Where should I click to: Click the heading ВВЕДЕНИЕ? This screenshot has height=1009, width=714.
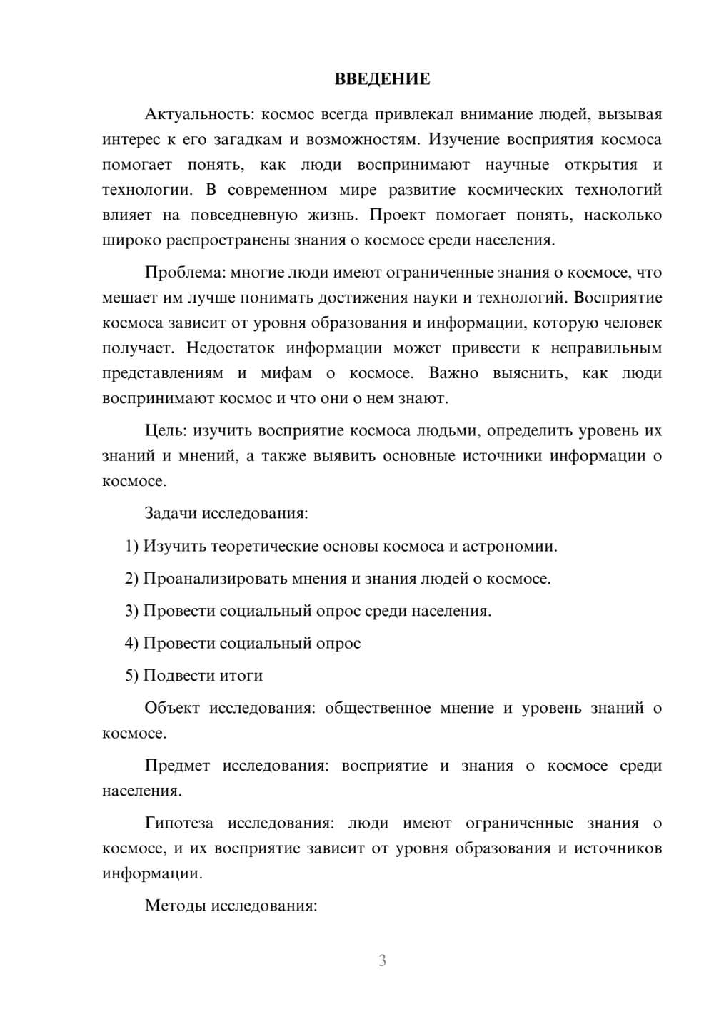382,79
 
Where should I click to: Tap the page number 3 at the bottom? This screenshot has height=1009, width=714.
382,960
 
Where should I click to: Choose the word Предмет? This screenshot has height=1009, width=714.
177,766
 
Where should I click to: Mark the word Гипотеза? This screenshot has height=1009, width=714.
178,823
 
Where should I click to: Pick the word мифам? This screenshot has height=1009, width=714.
286,373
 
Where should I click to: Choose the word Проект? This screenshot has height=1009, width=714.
397,215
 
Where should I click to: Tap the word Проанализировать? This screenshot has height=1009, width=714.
216,578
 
